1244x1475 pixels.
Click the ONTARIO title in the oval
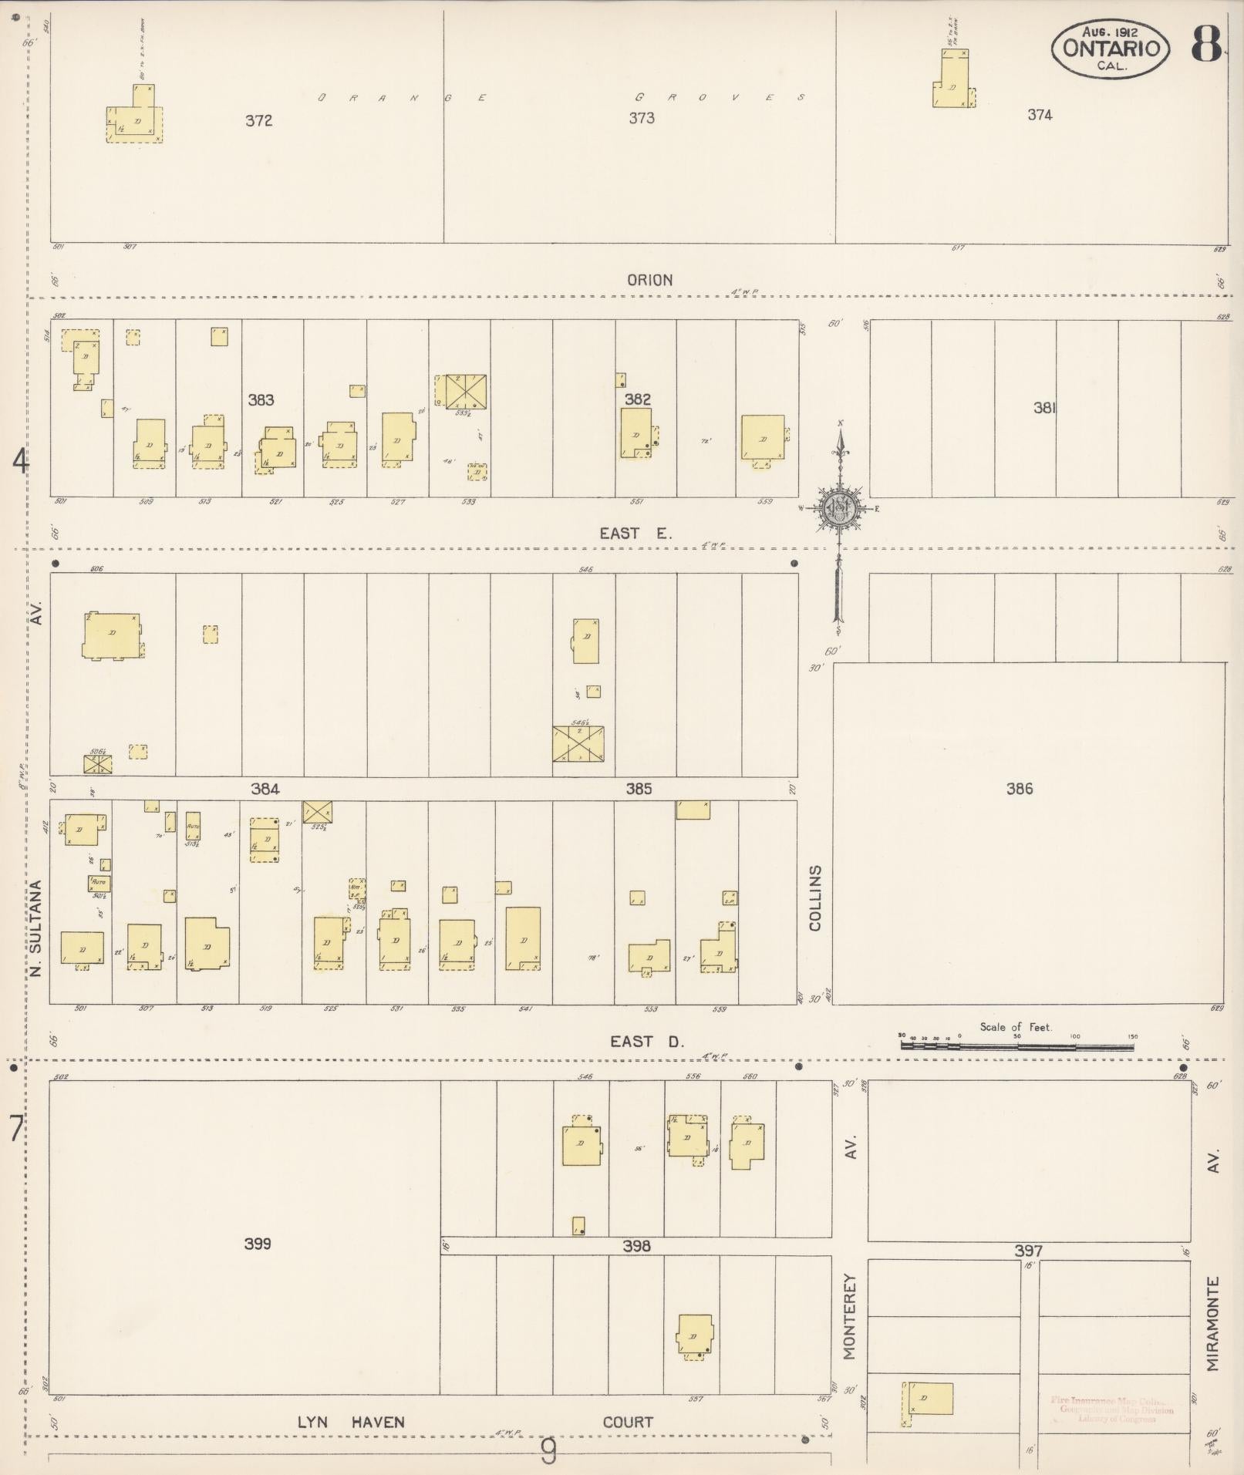point(1111,48)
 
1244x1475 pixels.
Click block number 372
point(259,121)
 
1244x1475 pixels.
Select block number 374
point(1040,115)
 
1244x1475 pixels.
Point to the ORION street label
point(649,280)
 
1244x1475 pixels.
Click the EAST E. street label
point(636,533)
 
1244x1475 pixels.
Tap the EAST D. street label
point(647,1042)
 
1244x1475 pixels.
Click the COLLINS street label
point(816,897)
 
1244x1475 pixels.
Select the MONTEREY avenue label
point(850,1315)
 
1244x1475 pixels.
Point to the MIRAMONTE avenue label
point(1213,1324)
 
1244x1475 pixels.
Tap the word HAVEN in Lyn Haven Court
point(378,1422)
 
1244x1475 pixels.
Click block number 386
point(1020,788)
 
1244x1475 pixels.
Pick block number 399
point(258,1244)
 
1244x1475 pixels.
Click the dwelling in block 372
point(136,121)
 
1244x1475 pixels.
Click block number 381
point(1044,408)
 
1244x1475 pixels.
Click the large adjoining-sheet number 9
point(548,1453)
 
